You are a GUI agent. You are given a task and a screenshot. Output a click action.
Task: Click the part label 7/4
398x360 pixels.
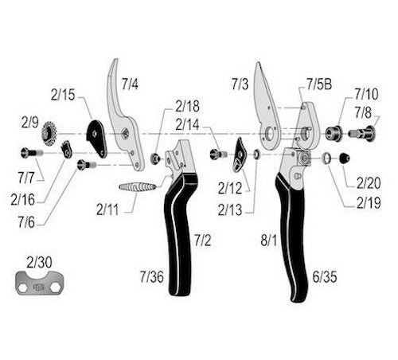tap(130, 84)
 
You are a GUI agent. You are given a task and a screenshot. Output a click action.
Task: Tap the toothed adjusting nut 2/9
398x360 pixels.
tap(49, 133)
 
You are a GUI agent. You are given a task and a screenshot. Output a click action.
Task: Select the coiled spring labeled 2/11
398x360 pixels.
tap(137, 187)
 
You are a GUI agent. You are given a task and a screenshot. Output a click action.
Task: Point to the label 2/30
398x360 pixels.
tap(39, 262)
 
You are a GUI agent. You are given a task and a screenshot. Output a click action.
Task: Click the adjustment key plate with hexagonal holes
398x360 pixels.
tap(40, 283)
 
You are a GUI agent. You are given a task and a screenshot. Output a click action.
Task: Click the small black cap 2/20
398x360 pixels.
tap(344, 158)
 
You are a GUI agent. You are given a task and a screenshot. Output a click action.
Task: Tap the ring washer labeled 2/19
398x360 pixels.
tap(326, 158)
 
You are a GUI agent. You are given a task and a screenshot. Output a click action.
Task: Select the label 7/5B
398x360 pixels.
tap(319, 84)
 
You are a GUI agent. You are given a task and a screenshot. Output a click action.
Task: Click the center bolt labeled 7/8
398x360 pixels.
tap(361, 133)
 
